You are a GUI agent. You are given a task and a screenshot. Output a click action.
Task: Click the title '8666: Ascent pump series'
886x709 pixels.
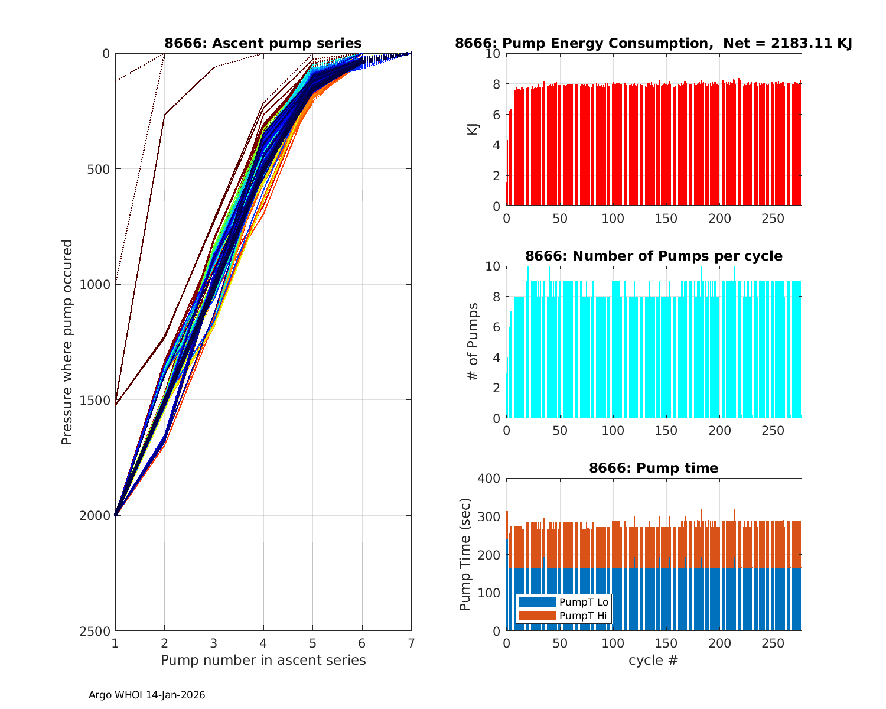263,43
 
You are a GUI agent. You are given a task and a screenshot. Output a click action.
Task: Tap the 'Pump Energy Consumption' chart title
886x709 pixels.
653,43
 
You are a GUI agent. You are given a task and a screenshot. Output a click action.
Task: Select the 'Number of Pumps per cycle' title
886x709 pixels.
653,256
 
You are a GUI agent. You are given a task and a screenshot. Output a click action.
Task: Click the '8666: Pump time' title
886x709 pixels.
653,468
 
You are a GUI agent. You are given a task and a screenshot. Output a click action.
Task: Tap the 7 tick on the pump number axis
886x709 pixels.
411,643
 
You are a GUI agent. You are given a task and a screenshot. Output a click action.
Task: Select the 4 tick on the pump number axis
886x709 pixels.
263,643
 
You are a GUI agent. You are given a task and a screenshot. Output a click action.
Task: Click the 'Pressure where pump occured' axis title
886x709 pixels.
67,342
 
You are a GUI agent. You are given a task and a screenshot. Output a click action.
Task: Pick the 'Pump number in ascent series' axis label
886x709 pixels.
263,660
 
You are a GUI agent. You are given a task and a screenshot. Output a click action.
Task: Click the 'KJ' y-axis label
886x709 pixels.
473,129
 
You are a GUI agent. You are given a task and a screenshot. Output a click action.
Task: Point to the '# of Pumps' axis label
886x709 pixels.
473,342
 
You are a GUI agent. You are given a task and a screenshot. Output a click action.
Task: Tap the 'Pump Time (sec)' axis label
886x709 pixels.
465,555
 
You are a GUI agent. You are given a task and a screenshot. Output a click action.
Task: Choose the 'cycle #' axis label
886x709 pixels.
653,660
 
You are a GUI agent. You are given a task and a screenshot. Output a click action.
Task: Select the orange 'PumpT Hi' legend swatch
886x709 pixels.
537,616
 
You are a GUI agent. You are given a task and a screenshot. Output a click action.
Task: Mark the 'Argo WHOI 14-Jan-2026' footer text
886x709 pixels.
147,695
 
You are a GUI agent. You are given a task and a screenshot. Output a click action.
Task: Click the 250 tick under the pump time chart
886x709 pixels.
773,643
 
